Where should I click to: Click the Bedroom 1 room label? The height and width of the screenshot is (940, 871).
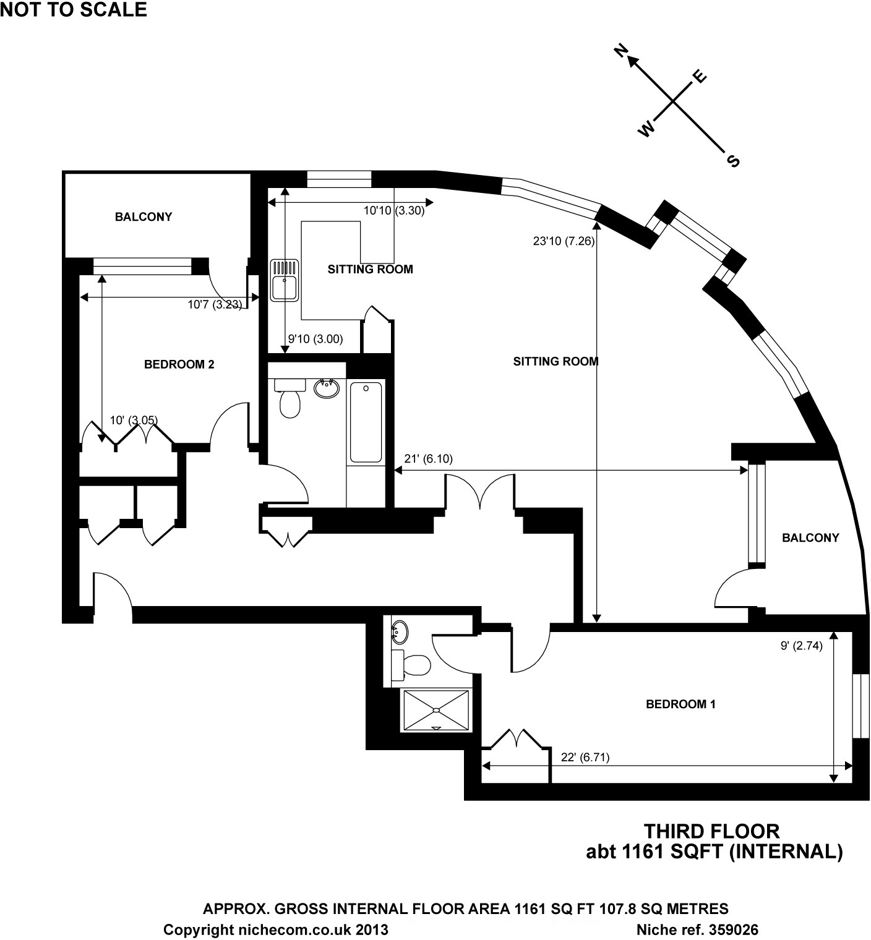[680, 704]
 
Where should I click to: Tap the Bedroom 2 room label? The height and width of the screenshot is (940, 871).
[179, 364]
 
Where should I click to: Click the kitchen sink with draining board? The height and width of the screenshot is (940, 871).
[285, 280]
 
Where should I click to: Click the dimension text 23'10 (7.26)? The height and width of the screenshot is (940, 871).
[564, 241]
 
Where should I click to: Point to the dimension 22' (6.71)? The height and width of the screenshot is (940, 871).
[585, 757]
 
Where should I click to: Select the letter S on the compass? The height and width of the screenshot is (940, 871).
[733, 161]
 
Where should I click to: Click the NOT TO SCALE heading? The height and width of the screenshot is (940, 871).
[74, 9]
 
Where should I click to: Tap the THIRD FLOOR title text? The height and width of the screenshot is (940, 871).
[712, 831]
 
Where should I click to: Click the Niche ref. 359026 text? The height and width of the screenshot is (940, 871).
[697, 929]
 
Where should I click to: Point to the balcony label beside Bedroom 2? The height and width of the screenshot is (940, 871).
[144, 216]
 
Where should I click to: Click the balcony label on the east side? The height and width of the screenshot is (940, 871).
[810, 537]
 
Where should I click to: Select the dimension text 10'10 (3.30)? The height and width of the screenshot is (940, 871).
[393, 210]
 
